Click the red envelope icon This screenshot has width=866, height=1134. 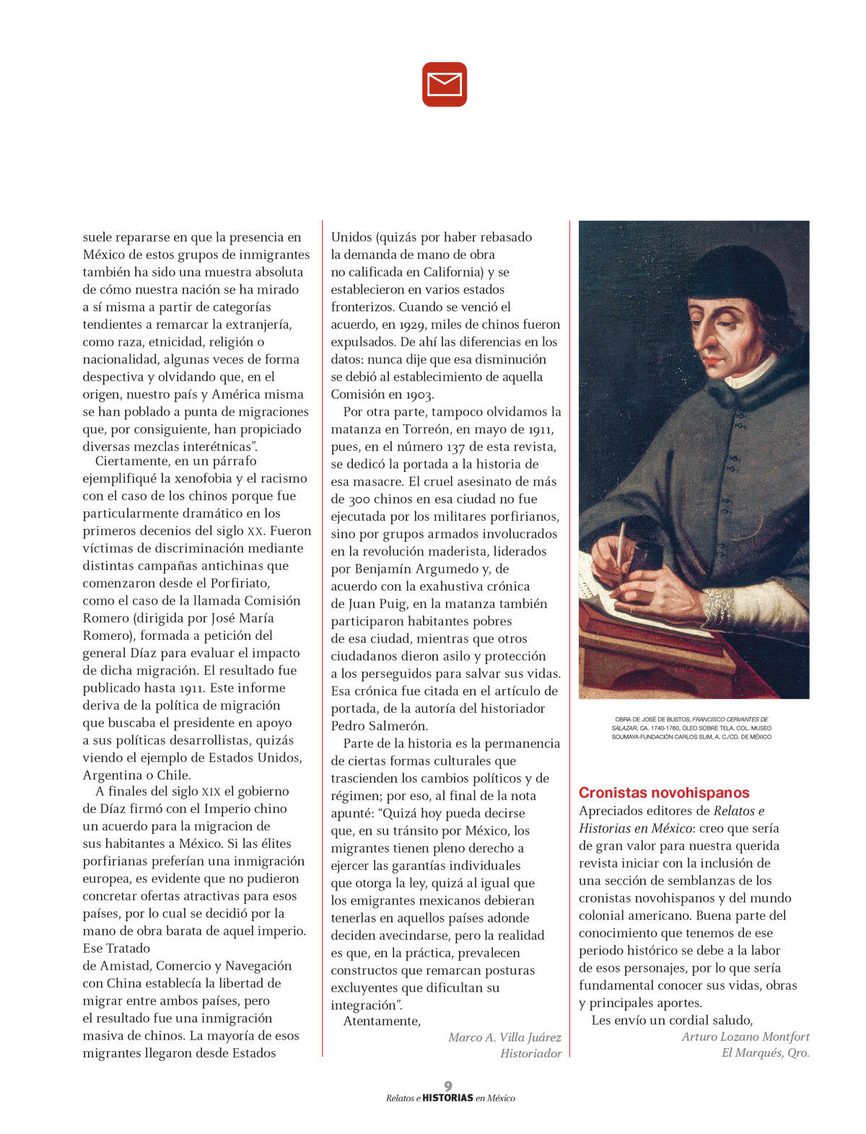click(x=445, y=84)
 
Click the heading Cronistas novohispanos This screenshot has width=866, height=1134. click(x=664, y=792)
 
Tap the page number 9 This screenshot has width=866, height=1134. click(x=448, y=1086)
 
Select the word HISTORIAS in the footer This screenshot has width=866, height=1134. click(x=447, y=1098)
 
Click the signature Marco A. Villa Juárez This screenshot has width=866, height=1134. click(x=504, y=1037)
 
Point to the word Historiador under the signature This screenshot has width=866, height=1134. click(x=530, y=1053)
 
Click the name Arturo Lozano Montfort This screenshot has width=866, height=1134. click(x=745, y=1037)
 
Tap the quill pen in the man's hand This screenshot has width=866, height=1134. click(x=620, y=542)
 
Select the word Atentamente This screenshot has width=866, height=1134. click(x=382, y=1021)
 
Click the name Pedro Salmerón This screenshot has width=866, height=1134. click(x=379, y=726)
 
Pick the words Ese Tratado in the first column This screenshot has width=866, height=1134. click(x=116, y=948)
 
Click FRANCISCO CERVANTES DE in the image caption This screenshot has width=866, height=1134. click(x=730, y=719)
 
